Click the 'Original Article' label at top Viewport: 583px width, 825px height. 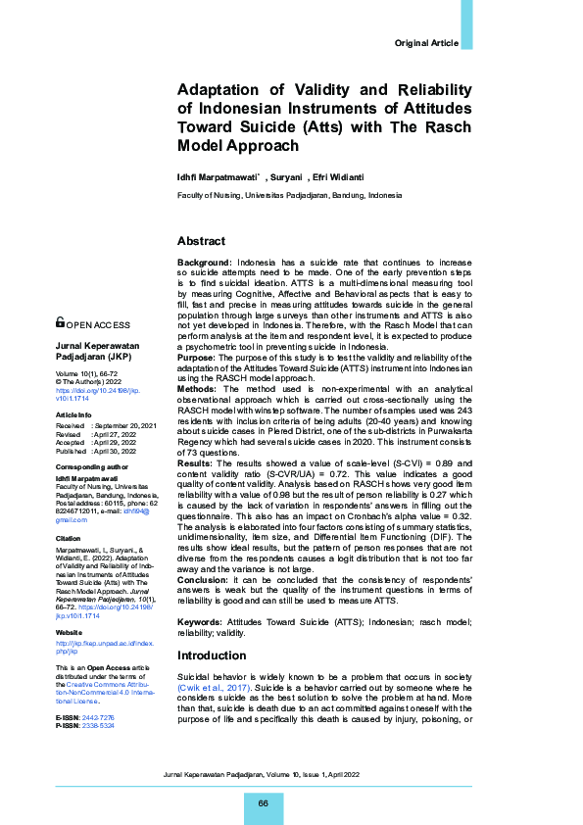pos(426,44)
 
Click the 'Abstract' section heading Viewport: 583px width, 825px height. pos(202,241)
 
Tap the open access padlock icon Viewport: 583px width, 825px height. pos(61,322)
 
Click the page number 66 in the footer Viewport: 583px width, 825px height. pos(263,803)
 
